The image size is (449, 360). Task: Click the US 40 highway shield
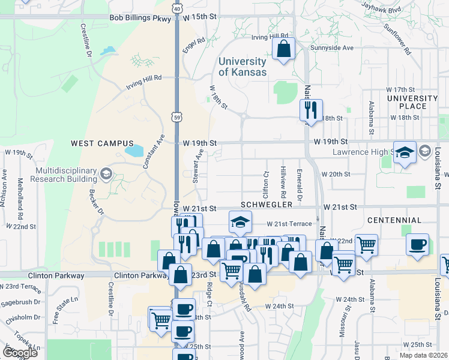pos(176,9)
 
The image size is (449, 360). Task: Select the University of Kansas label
pos(242,67)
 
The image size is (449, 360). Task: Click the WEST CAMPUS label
pos(97,143)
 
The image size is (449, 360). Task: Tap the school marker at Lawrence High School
pos(405,152)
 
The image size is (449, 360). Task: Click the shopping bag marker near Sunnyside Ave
pos(284,49)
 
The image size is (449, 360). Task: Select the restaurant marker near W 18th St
pos(311,110)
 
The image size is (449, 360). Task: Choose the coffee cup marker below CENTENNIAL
pos(417,245)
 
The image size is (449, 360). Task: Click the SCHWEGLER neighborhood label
pos(262,206)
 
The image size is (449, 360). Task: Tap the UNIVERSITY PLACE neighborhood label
pos(412,102)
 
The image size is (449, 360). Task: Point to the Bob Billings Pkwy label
pos(140,18)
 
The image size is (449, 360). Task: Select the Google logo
pos(20,352)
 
